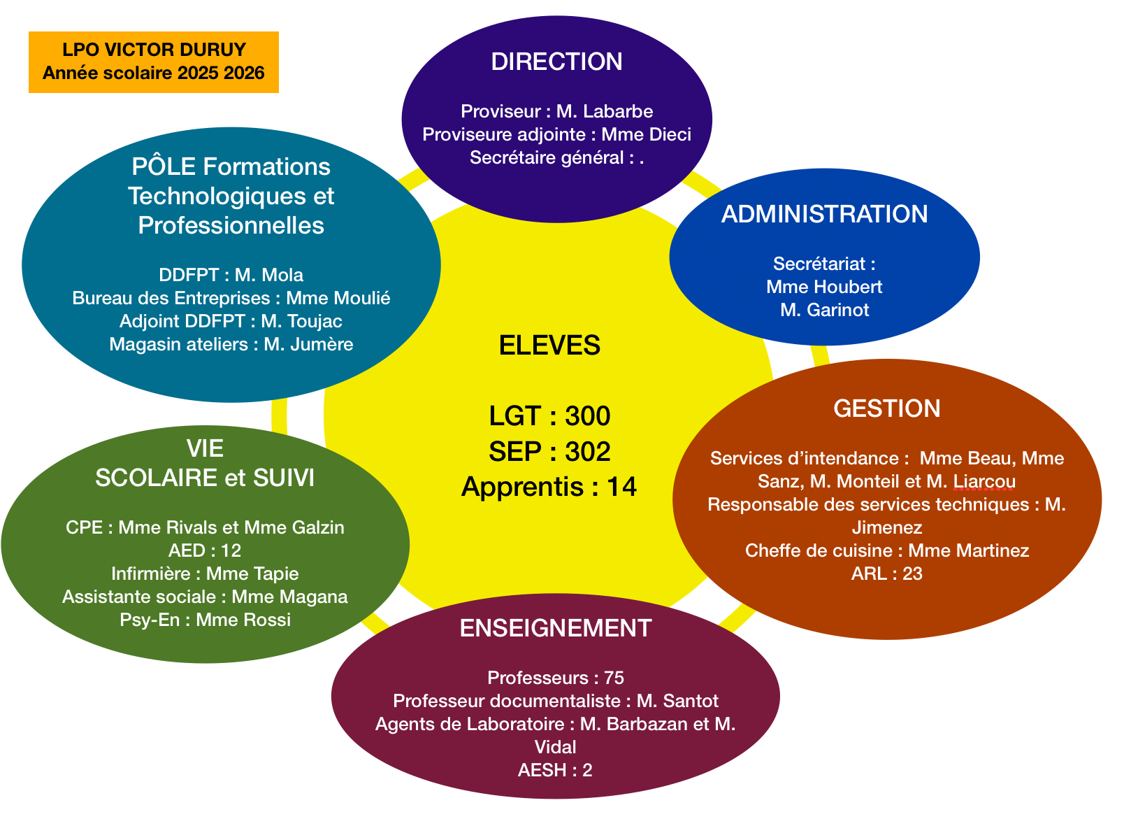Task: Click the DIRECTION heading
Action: point(556,62)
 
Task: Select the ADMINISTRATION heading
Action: point(824,214)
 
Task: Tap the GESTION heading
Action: point(886,408)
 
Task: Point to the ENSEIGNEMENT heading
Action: point(556,628)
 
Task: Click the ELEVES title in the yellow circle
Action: point(549,346)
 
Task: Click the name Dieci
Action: point(672,134)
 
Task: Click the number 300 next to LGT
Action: point(587,416)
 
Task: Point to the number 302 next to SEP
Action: point(587,452)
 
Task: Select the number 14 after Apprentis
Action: point(621,487)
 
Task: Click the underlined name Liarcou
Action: point(984,481)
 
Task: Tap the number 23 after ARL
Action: point(912,574)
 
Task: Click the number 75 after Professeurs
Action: point(614,678)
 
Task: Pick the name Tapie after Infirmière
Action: point(275,574)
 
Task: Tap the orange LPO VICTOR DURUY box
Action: point(154,62)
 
